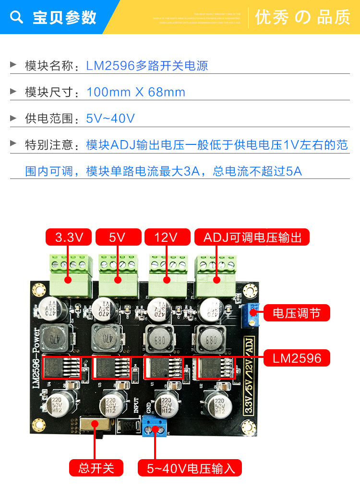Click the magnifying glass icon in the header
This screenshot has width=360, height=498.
[x=17, y=17]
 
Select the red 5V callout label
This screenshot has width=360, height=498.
[x=118, y=237]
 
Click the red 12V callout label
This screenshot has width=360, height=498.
[x=167, y=237]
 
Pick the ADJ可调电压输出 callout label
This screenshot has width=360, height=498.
[x=252, y=237]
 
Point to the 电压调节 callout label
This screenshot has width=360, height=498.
[x=295, y=313]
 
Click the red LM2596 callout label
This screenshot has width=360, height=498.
[x=297, y=357]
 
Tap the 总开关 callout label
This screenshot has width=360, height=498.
[x=96, y=468]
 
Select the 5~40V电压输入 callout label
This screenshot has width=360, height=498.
[x=190, y=468]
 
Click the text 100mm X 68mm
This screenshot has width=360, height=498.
[x=136, y=92]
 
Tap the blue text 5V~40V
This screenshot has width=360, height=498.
[x=110, y=118]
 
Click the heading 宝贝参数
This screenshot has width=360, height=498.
[x=64, y=17]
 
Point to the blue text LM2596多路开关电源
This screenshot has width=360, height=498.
[x=147, y=66]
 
